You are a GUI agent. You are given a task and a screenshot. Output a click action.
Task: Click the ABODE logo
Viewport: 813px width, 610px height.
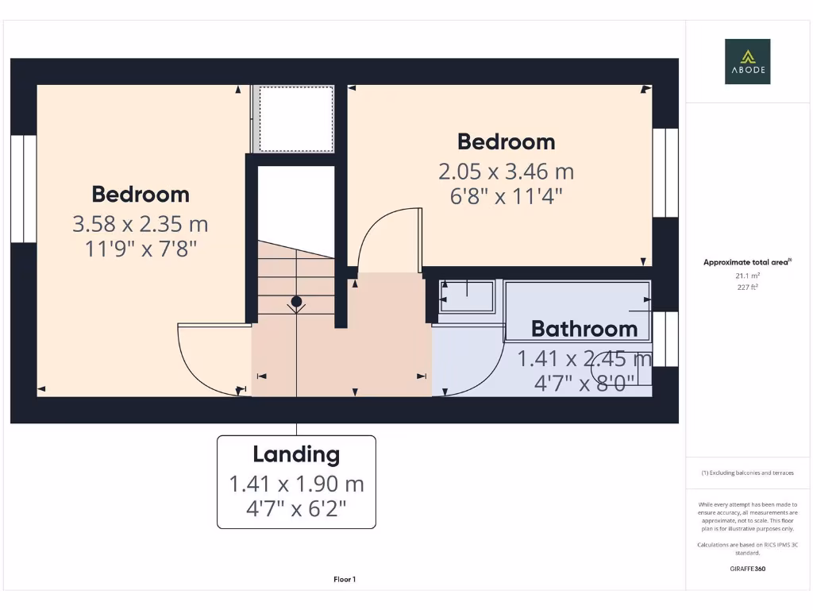click(747, 61)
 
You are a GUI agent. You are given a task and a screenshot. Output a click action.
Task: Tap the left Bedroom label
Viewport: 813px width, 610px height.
click(141, 194)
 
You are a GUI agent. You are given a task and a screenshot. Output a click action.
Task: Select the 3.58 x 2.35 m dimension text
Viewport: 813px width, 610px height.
click(141, 224)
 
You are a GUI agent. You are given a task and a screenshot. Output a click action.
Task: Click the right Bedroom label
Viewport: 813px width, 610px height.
click(506, 141)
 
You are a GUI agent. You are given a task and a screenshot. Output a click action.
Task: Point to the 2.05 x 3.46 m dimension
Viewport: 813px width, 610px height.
click(506, 172)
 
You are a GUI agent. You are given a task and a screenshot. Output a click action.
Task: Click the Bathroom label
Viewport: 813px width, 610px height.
click(584, 328)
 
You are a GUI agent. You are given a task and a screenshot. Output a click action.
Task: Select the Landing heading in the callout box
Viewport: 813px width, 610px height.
click(296, 454)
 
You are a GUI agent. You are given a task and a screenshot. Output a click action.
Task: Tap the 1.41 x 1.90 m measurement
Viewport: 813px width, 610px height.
click(296, 483)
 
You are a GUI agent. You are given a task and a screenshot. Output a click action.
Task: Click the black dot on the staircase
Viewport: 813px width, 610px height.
click(296, 302)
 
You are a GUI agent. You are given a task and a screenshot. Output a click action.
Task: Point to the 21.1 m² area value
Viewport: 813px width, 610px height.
click(747, 275)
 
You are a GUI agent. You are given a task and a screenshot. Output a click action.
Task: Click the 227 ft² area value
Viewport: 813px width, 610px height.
click(747, 287)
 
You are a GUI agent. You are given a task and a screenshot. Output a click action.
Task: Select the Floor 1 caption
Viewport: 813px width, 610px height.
click(345, 580)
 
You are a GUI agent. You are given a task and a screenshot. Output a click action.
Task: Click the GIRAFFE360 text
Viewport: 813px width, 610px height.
click(747, 569)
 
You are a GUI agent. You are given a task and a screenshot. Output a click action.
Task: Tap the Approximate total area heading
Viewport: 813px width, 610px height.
click(747, 262)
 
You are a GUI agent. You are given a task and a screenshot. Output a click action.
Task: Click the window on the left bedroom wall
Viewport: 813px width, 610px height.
click(24, 189)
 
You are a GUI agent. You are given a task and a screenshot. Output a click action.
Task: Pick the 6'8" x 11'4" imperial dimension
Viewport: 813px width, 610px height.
click(506, 196)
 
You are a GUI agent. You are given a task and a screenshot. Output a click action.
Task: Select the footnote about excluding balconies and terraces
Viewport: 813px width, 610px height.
click(747, 473)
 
